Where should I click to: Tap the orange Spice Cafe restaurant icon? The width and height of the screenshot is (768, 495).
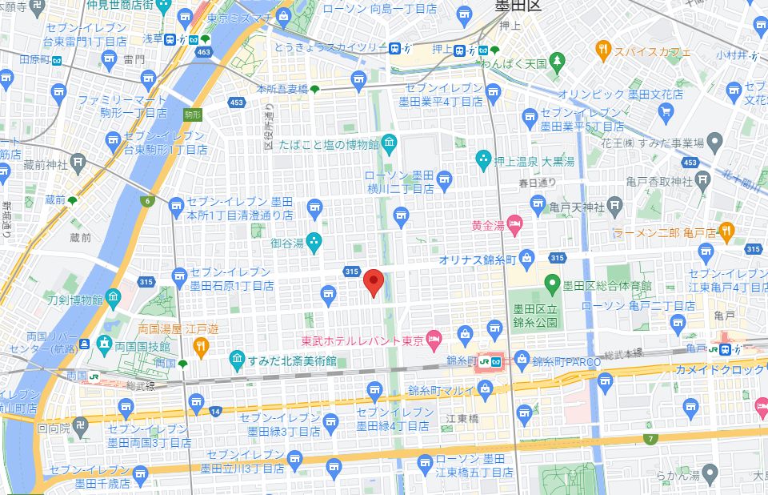[604, 51]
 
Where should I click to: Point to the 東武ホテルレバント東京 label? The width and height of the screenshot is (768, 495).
[362, 340]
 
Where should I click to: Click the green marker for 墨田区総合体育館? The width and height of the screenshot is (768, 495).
[551, 283]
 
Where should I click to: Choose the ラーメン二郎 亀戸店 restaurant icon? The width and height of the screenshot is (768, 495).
[726, 231]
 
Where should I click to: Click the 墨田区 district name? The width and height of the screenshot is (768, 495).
[518, 6]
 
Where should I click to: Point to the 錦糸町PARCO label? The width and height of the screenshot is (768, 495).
[566, 361]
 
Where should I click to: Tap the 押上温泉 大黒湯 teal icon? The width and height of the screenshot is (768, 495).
[483, 159]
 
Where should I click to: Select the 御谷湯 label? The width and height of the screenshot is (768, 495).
[286, 242]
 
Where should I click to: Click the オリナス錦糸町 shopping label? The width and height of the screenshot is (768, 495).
[477, 260]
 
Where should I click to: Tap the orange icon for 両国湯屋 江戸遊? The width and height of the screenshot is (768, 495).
[200, 346]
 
